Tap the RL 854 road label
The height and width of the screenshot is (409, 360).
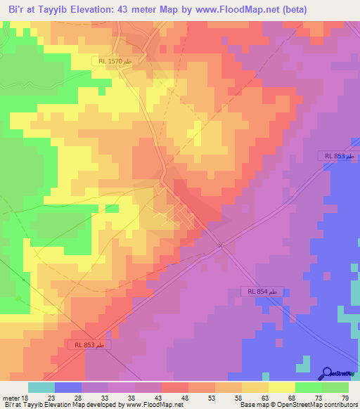[x=265, y=292]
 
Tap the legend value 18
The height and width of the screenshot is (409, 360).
[x=26, y=397]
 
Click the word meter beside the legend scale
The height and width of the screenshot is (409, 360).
[x=11, y=397]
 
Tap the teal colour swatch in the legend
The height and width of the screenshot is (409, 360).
[x=41, y=387]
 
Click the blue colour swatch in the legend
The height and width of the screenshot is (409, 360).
[x=68, y=387]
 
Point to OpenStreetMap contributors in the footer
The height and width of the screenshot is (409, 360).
[x=320, y=405]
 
